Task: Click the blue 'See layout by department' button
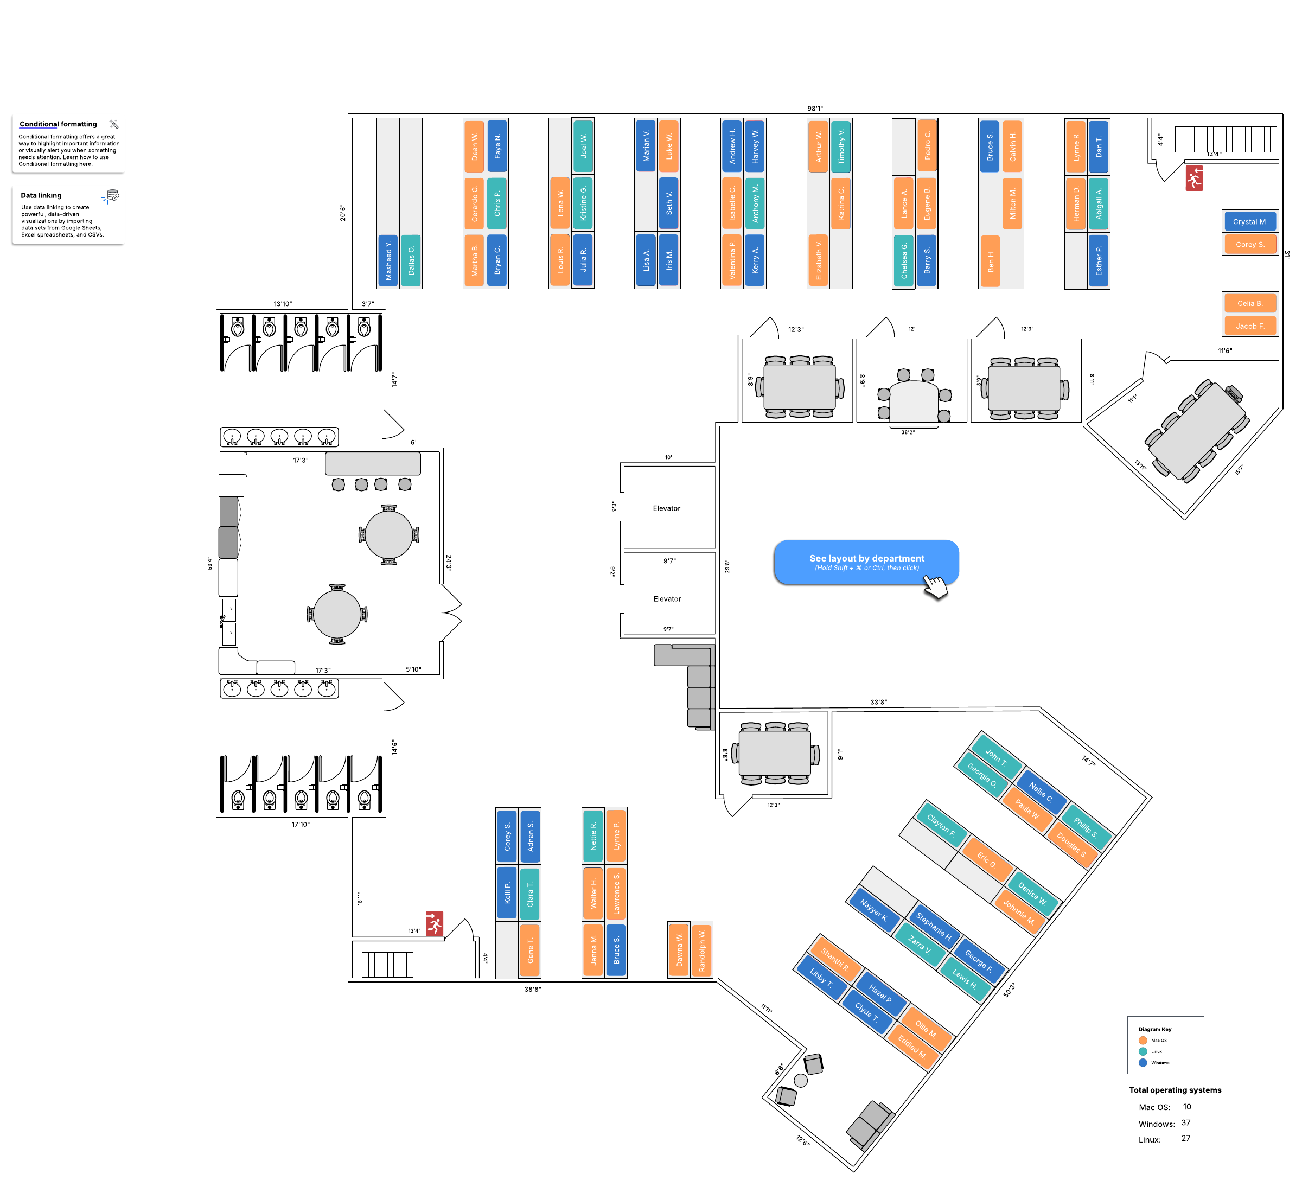click(866, 562)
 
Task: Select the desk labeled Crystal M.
click(1250, 221)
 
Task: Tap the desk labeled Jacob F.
click(1250, 326)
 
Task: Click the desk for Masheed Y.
click(388, 260)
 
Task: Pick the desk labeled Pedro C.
click(928, 146)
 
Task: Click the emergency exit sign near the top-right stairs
click(1194, 178)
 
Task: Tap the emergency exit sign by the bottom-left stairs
click(434, 924)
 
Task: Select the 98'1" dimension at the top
click(815, 109)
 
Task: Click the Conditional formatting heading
click(58, 124)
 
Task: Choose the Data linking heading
click(41, 195)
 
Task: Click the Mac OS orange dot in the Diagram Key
click(1143, 1040)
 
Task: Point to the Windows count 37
click(1186, 1122)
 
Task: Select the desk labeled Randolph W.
click(702, 950)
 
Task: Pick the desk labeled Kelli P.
click(507, 894)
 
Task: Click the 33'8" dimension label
click(878, 702)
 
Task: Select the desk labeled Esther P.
click(1099, 260)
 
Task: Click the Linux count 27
click(1186, 1138)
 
